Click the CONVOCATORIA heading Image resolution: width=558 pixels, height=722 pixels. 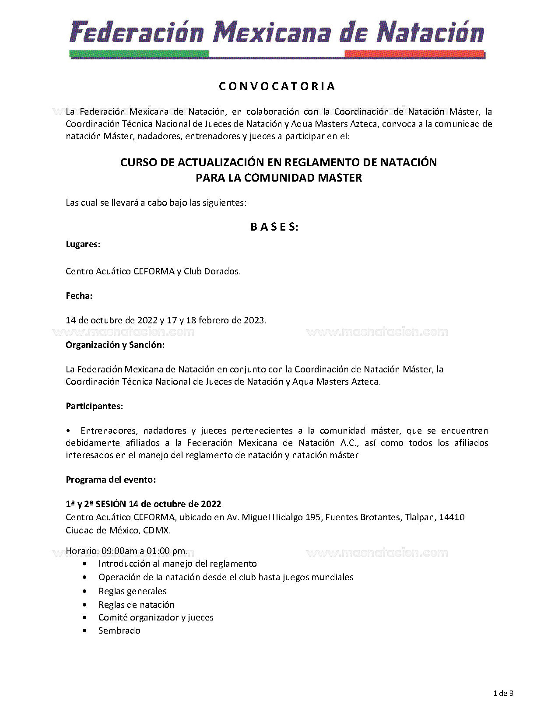pos(277,86)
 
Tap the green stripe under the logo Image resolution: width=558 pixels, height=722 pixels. pos(139,54)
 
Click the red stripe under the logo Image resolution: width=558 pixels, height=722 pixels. pos(414,54)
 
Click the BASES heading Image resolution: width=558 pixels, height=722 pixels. pos(274,227)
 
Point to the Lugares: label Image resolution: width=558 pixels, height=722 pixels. pos(83,244)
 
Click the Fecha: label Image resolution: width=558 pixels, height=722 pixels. pos(79,296)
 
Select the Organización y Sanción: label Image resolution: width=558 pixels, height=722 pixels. pos(115,345)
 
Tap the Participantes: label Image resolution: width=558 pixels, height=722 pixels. pos(95,406)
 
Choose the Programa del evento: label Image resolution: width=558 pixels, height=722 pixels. pos(111,480)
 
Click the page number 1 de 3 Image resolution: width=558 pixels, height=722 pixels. pos(503,693)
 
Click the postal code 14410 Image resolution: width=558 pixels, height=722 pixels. pos(452,517)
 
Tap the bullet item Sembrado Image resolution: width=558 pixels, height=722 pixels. pos(119,631)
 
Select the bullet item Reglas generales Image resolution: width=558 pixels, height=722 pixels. pos(133,591)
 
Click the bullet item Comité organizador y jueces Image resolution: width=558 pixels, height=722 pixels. pos(156,617)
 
